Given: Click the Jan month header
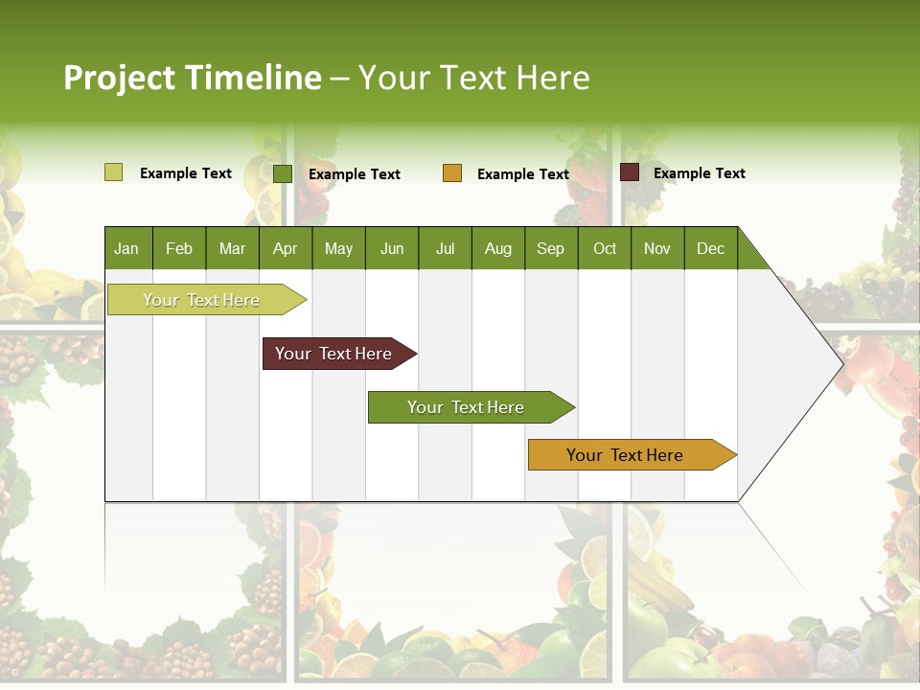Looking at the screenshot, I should click(x=126, y=249).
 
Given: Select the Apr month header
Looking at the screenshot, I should click(x=285, y=249).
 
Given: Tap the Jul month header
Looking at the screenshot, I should click(x=445, y=249).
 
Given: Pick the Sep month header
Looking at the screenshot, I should click(x=550, y=249).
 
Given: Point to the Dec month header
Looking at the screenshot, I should click(x=710, y=249).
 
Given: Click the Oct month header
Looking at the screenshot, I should click(x=605, y=249).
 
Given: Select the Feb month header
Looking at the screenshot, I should click(x=179, y=249).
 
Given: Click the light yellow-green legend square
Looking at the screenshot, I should click(x=113, y=172).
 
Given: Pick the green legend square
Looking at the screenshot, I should click(x=282, y=173).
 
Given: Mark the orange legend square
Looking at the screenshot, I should click(x=452, y=173).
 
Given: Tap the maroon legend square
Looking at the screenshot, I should click(x=629, y=172).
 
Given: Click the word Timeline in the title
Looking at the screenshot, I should click(x=253, y=78).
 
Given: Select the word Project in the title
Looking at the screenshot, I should click(x=119, y=78).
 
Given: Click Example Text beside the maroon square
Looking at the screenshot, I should click(x=699, y=173).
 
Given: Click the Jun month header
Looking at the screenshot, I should click(x=392, y=249).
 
